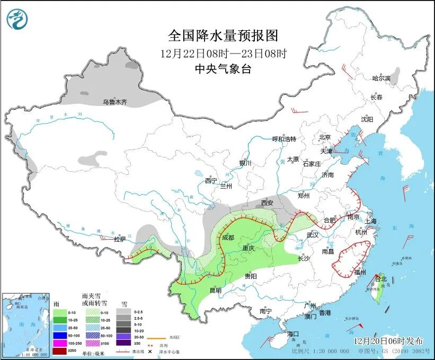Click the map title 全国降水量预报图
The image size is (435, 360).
point(223,36)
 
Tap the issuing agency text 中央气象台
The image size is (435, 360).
point(223,68)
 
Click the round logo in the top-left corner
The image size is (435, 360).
point(17,19)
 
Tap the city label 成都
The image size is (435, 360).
point(228,237)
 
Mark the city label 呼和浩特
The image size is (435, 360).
point(284,139)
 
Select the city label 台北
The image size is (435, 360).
point(381,278)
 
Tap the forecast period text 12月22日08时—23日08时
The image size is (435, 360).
point(223,53)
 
